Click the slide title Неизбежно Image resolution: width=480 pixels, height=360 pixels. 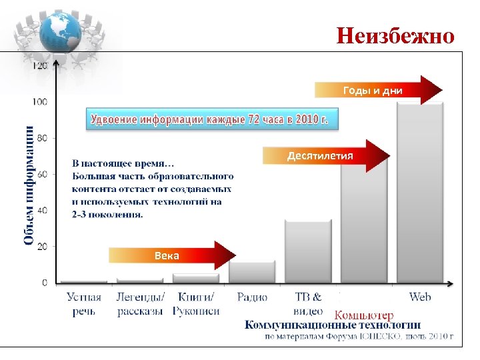coord(395,35)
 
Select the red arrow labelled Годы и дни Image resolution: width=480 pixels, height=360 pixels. coord(377,90)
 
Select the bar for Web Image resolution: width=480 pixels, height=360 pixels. coord(420,193)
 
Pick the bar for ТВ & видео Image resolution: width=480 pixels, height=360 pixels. coord(308,252)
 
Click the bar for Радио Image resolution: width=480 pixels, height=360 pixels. coord(252,272)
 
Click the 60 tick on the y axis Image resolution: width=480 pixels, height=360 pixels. coord(41,174)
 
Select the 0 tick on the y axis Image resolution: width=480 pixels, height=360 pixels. coord(44,283)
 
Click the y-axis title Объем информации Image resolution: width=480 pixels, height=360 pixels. coord(29,185)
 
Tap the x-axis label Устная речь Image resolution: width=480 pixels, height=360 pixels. coord(84,304)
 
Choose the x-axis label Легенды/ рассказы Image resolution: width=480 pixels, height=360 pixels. coord(140,304)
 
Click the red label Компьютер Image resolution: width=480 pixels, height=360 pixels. coord(364,315)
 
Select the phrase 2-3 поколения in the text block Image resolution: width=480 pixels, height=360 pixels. coord(107,215)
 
